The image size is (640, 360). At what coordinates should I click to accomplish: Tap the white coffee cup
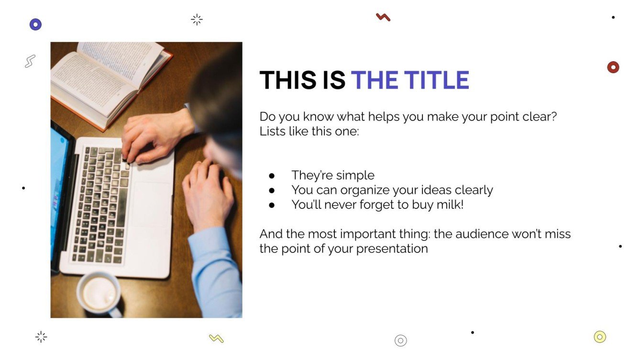[100, 293]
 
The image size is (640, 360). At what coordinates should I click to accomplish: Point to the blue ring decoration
[35, 24]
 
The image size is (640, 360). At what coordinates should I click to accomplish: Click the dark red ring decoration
[613, 67]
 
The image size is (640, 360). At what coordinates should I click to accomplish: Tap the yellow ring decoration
[599, 337]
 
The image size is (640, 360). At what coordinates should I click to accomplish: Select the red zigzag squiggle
[383, 17]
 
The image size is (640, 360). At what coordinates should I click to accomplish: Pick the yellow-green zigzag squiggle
[216, 338]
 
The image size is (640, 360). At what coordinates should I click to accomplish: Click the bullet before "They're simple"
[272, 175]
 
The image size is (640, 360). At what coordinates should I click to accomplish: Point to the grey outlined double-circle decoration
[400, 340]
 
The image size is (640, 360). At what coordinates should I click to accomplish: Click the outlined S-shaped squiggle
[30, 61]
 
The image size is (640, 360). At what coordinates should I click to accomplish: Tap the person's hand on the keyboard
[146, 136]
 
